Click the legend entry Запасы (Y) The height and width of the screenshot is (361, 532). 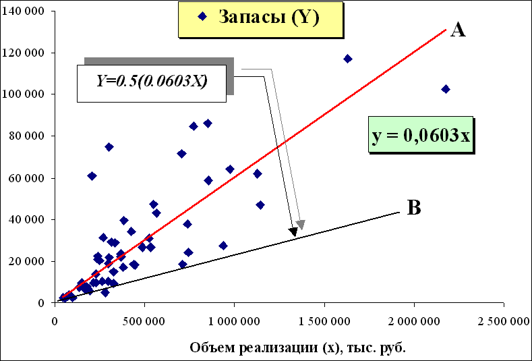pyautogui.click(x=259, y=19)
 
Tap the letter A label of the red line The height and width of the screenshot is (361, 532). pyautogui.click(x=459, y=30)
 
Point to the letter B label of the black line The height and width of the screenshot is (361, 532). pyautogui.click(x=415, y=208)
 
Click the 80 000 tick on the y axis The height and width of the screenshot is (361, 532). pyautogui.click(x=28, y=136)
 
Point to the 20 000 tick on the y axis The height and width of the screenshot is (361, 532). pyautogui.click(x=28, y=261)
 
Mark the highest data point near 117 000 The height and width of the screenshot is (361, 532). pyautogui.click(x=348, y=59)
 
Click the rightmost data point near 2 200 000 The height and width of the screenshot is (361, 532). pyautogui.click(x=446, y=89)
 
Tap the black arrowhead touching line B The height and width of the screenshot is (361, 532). pyautogui.click(x=293, y=232)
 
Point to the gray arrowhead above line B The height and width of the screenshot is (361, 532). pyautogui.click(x=301, y=225)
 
